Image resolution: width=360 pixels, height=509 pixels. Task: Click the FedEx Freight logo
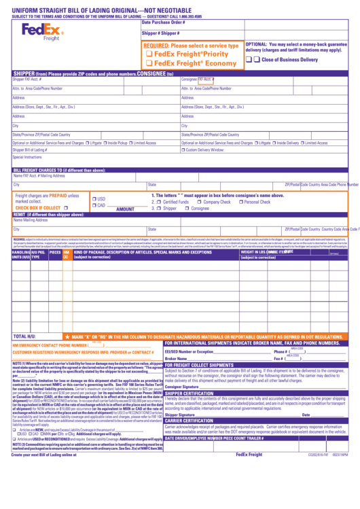tap(42, 31)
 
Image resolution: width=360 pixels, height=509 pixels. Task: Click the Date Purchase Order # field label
tap(164, 22)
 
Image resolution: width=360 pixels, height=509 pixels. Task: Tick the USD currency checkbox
tap(94, 198)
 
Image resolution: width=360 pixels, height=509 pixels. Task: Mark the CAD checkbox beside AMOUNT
tap(94, 205)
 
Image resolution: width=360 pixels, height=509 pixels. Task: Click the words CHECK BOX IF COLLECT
tap(41, 208)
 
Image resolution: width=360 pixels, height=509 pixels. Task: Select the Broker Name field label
tap(176, 359)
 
